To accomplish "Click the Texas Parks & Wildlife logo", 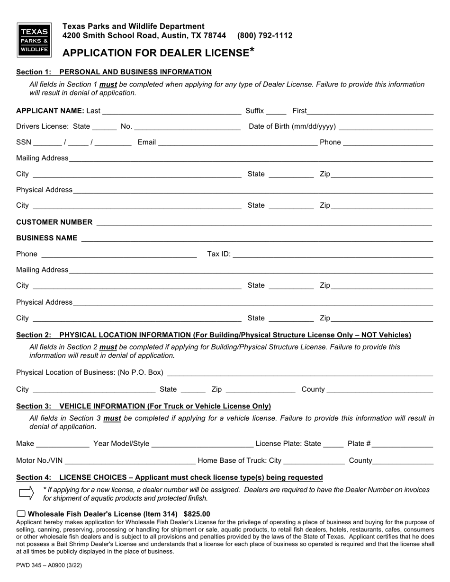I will point(34,40).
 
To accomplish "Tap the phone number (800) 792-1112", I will point(265,35).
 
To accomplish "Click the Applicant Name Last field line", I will point(171,112).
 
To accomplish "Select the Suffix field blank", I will point(276,112).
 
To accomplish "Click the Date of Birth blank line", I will point(386,127).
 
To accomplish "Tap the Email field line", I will point(237,143).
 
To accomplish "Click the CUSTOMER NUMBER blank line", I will point(264,223).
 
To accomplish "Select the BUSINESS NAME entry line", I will point(257,239).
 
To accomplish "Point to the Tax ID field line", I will point(333,255).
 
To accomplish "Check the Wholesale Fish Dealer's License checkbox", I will point(21,514).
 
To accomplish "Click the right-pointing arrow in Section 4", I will point(26,493).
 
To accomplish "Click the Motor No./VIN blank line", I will point(129,461).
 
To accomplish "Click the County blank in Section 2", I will point(380,390).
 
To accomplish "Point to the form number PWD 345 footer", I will point(45,565).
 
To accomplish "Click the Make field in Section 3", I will point(63,444).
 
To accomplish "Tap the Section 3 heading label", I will point(144,406).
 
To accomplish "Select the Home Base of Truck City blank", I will point(314,461).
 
